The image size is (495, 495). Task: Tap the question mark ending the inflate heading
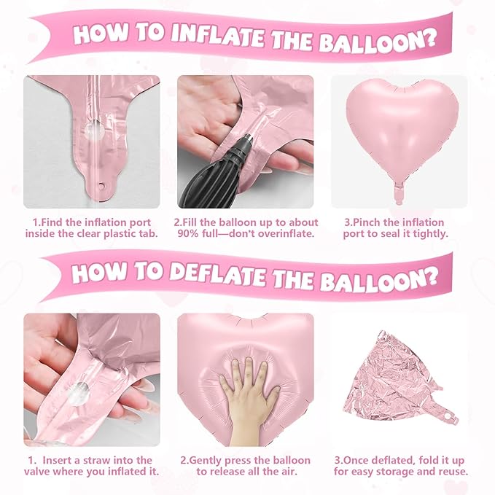(x=429, y=39)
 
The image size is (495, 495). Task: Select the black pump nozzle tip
(x=245, y=139)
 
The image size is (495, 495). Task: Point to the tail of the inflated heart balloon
(x=399, y=193)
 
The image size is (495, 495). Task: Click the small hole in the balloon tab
(x=101, y=186)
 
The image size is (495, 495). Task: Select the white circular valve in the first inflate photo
(x=94, y=130)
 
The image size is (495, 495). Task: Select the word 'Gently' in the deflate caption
(x=206, y=461)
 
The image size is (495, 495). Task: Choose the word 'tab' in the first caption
(x=149, y=233)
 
